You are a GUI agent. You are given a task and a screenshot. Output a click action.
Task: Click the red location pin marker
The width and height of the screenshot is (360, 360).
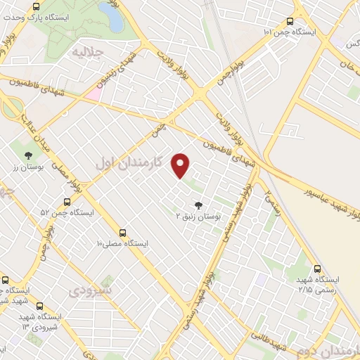181,165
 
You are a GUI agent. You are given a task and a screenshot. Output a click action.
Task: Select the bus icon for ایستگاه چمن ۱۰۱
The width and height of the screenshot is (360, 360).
291,21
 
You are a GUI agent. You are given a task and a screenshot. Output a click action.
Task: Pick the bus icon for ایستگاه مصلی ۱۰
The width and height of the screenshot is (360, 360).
123,232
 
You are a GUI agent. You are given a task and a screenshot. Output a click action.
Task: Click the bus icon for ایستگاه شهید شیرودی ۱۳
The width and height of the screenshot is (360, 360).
39,306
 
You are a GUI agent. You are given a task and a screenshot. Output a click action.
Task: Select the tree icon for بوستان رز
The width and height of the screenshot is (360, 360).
28,155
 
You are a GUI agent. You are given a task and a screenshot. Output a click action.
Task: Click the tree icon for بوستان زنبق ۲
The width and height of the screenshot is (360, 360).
198,205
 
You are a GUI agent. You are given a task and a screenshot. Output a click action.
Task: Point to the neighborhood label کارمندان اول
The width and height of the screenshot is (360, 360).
129,162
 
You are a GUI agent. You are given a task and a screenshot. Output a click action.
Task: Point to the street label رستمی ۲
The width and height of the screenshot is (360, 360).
273,201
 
